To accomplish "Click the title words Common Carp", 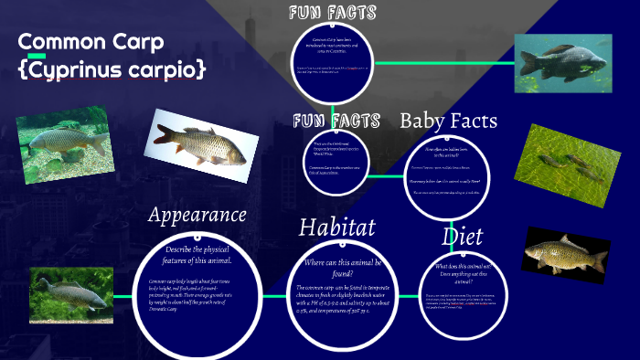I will pyautogui.click(x=91, y=42).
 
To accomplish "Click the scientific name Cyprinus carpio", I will pyautogui.click(x=112, y=69).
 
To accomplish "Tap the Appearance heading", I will pyautogui.click(x=197, y=215).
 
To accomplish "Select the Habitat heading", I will pyautogui.click(x=336, y=227).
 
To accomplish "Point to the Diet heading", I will pyautogui.click(x=462, y=237).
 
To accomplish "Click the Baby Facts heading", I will pyautogui.click(x=448, y=121).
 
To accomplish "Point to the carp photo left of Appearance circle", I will pyautogui.click(x=70, y=295).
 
